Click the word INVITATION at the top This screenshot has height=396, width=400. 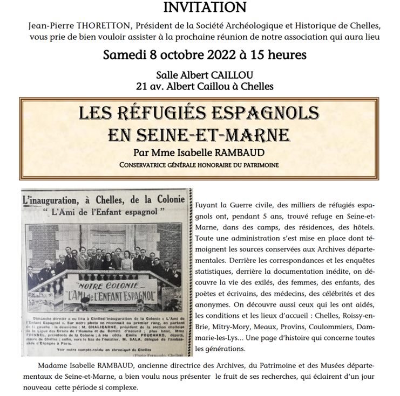(200, 8)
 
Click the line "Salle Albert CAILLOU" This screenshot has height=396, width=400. (200, 74)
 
